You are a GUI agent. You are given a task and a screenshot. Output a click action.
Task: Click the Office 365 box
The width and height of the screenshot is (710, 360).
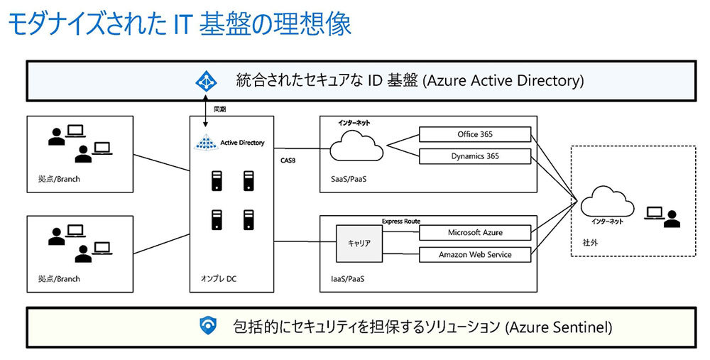click(x=475, y=134)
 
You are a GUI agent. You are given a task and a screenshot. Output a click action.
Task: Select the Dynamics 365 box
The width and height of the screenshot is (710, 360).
click(x=475, y=156)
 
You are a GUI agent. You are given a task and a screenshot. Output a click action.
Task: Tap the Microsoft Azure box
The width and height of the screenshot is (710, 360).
click(x=475, y=232)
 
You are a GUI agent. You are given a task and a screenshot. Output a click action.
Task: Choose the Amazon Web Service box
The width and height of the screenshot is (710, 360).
click(x=475, y=254)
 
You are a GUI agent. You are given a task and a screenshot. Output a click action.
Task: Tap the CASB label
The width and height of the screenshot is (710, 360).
click(x=289, y=161)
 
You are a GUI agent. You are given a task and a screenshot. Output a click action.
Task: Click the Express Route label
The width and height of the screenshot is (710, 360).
click(x=402, y=222)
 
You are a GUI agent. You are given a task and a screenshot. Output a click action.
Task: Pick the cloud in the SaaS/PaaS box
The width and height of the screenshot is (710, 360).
click(x=356, y=148)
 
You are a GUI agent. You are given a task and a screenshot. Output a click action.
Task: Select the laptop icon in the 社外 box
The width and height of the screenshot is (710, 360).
click(x=654, y=212)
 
